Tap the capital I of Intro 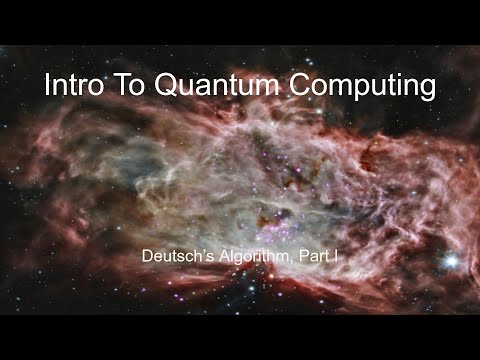47,86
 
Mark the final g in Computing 426,90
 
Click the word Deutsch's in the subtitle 177,258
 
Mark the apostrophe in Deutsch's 198,254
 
